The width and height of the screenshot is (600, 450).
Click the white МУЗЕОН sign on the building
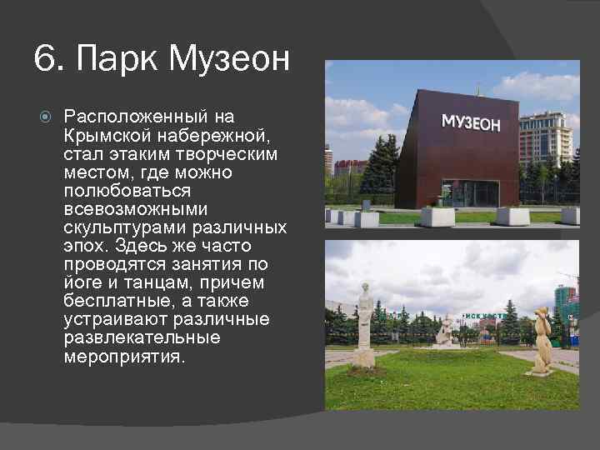(x=471, y=123)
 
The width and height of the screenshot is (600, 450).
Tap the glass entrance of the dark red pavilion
(x=470, y=192)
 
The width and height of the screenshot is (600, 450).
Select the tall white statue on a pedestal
(x=364, y=325)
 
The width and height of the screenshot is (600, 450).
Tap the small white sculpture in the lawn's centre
(x=445, y=331)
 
